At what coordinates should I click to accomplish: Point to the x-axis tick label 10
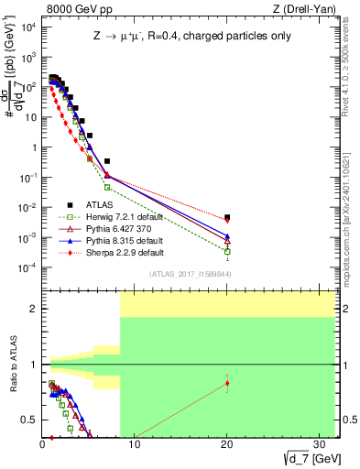(135, 444)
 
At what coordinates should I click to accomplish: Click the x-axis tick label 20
(226, 444)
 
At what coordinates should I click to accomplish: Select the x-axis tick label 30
(318, 444)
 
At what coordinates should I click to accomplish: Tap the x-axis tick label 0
(43, 444)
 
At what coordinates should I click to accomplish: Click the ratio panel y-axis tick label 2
(34, 309)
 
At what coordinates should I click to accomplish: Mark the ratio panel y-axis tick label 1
(34, 365)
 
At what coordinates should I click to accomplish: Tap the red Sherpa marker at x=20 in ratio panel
(227, 383)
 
